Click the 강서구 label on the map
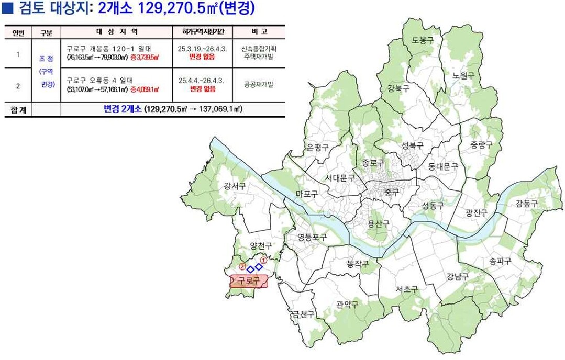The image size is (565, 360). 234,186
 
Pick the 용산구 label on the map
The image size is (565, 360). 378,223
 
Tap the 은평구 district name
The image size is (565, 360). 317,148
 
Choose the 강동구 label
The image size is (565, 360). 526,204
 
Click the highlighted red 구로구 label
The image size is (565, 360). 249,281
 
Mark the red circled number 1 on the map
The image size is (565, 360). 264,259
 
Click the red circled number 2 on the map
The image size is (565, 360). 242,266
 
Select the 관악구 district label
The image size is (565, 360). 347,305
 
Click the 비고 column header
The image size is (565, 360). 259,32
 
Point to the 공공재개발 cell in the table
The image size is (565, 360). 259,84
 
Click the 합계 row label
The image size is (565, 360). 18,110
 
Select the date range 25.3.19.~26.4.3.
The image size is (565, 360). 202,49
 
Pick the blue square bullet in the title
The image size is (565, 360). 7,8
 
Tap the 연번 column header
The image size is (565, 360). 18,32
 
